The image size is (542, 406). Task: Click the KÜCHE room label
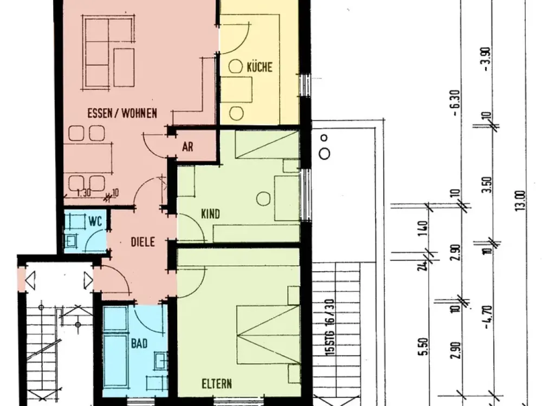[260, 67]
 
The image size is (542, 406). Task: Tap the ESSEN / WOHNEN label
[122, 113]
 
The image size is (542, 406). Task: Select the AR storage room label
[188, 147]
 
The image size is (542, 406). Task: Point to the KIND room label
[210, 214]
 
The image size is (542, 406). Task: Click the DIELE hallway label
[143, 241]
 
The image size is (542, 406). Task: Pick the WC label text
[95, 221]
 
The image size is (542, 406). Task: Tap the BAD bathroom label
[139, 344]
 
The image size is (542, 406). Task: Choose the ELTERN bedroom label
[217, 384]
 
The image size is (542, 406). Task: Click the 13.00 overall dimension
[521, 200]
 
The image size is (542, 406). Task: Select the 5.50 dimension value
[425, 346]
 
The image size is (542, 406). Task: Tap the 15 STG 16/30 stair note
[330, 328]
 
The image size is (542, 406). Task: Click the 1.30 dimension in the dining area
[83, 193]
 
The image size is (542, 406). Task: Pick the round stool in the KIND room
[263, 199]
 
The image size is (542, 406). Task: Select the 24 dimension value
[422, 265]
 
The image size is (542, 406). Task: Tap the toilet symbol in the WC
[72, 241]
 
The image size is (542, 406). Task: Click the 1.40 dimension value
[423, 228]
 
